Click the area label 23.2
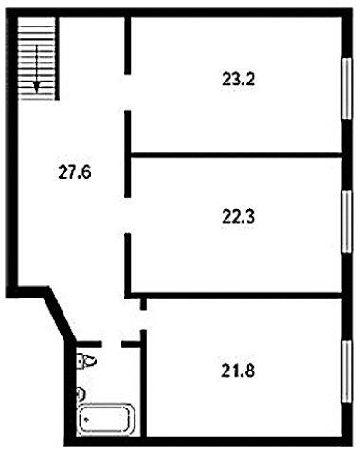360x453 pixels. click(238, 79)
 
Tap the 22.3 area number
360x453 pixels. click(238, 217)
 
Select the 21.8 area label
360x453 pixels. click(238, 371)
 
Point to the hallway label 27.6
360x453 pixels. click(75, 172)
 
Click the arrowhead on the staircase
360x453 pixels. click(37, 86)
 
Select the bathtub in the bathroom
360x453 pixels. click(107, 419)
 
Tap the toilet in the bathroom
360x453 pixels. click(85, 361)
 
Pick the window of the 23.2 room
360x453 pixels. click(347, 88)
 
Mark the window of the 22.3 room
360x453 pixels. click(347, 222)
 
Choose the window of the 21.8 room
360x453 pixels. click(347, 371)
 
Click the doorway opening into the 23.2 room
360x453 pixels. click(128, 92)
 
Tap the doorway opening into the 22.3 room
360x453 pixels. click(128, 215)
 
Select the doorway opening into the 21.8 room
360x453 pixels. click(143, 319)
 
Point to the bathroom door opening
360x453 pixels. click(112, 344)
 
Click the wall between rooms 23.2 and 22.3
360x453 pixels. click(237, 154)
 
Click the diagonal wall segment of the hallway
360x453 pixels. click(60, 315)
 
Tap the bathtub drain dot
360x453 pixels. click(86, 420)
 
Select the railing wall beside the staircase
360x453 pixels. click(57, 59)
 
